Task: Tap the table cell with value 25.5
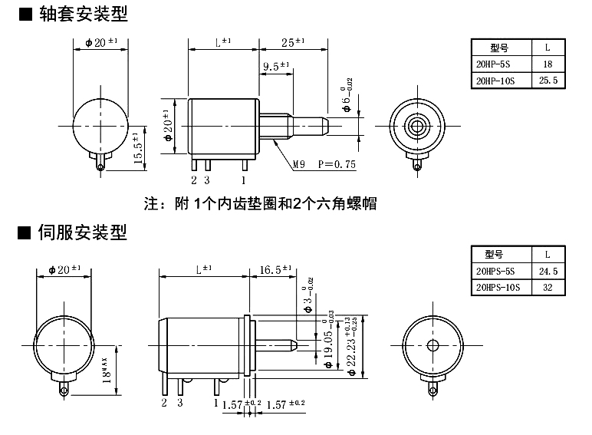[547, 80]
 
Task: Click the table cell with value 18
[547, 64]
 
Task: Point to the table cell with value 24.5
[548, 271]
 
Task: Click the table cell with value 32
[548, 287]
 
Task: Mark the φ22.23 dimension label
[351, 345]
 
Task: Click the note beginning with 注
[261, 204]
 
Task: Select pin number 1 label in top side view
[244, 180]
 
